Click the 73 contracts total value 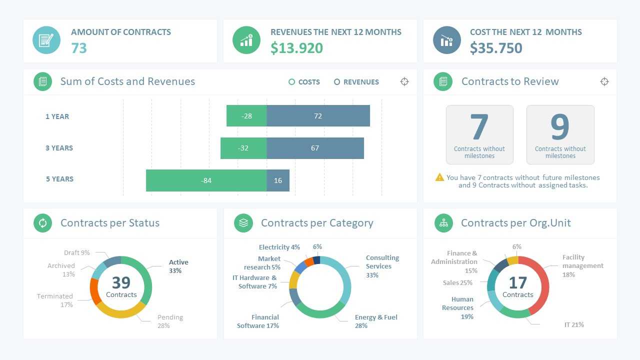click(79, 48)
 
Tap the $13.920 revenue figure click(296, 48)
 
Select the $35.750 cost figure click(496, 48)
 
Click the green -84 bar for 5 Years click(206, 180)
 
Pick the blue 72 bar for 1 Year click(318, 116)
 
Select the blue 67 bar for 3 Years click(315, 148)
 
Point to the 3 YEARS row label click(59, 148)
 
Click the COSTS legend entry click(304, 82)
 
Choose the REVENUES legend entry click(356, 82)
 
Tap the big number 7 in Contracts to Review click(479, 127)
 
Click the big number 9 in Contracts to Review click(560, 127)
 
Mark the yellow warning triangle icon click(439, 177)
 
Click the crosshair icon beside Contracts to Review click(604, 81)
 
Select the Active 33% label click(178, 266)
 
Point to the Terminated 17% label click(55, 300)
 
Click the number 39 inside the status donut click(121, 282)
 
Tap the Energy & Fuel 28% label click(375, 321)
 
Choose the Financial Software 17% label click(258, 321)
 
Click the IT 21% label click(574, 325)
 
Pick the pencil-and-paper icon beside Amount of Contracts click(46, 40)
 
